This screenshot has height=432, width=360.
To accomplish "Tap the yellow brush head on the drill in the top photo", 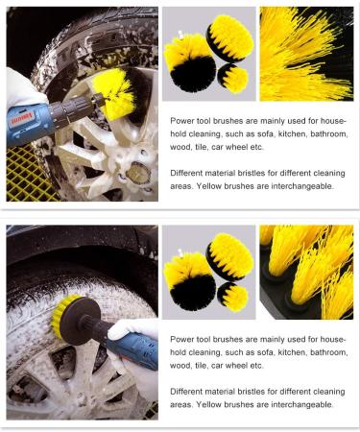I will (114, 94).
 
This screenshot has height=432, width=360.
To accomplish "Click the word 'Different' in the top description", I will (188, 172).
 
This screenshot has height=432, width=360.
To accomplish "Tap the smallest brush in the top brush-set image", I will (233, 79).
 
